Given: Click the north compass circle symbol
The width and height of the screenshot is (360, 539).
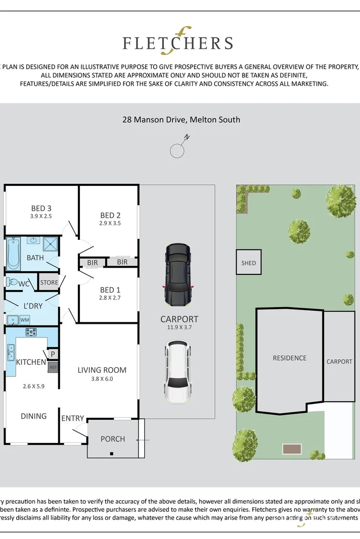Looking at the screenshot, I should tap(176, 151).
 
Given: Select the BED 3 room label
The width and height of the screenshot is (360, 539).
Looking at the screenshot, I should tap(41, 208).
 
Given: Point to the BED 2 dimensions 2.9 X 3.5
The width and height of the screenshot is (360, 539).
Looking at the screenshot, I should tap(110, 223).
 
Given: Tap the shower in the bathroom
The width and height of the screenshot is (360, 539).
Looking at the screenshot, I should tap(51, 244).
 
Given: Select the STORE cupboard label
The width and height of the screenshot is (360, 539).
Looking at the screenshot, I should tap(49, 282).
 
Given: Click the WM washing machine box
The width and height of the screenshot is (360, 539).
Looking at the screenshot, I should tap(25, 319).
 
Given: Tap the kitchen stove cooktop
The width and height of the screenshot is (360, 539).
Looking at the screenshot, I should tap(31, 332).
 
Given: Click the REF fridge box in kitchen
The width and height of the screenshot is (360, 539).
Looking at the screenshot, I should tap(53, 368).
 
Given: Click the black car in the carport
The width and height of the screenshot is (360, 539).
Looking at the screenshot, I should tap(178, 275).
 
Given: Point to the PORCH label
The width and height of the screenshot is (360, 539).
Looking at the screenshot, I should tap(113, 438).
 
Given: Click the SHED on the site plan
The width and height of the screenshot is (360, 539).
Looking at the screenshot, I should tap(249, 263).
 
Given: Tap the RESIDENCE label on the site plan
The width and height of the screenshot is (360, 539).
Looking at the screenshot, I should tap(289, 358).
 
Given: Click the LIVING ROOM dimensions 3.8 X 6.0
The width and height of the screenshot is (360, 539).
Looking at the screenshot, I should tap(102, 379).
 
